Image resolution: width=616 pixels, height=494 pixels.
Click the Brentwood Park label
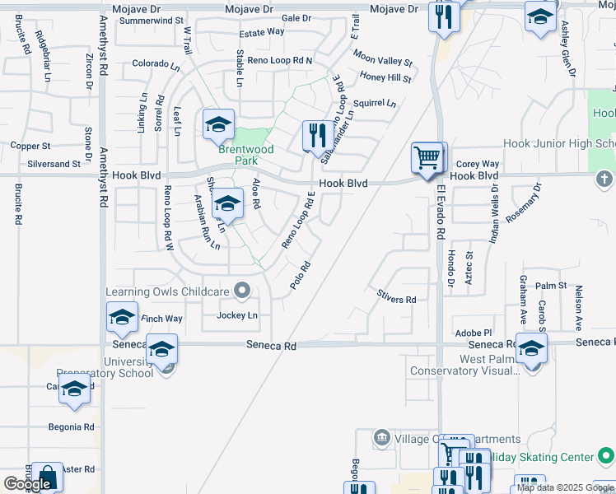[245, 155]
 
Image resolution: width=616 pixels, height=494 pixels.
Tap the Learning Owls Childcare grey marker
[242, 290]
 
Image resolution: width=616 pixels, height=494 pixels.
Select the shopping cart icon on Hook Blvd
[427, 157]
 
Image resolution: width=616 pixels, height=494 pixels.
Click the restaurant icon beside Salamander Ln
[317, 135]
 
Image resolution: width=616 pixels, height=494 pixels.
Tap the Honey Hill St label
[385, 77]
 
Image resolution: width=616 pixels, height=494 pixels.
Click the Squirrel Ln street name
[374, 104]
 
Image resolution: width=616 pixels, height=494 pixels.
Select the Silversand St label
[54, 164]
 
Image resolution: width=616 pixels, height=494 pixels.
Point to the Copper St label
[30, 146]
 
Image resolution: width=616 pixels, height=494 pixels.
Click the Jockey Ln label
[237, 315]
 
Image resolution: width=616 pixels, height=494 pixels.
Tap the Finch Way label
[161, 319]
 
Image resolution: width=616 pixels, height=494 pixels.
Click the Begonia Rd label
[71, 427]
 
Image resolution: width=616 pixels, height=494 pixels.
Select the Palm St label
[551, 286]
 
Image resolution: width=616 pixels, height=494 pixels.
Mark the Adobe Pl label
[473, 332]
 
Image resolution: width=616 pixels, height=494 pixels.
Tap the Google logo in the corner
[27, 484]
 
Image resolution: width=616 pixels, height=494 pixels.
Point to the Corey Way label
[478, 164]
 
